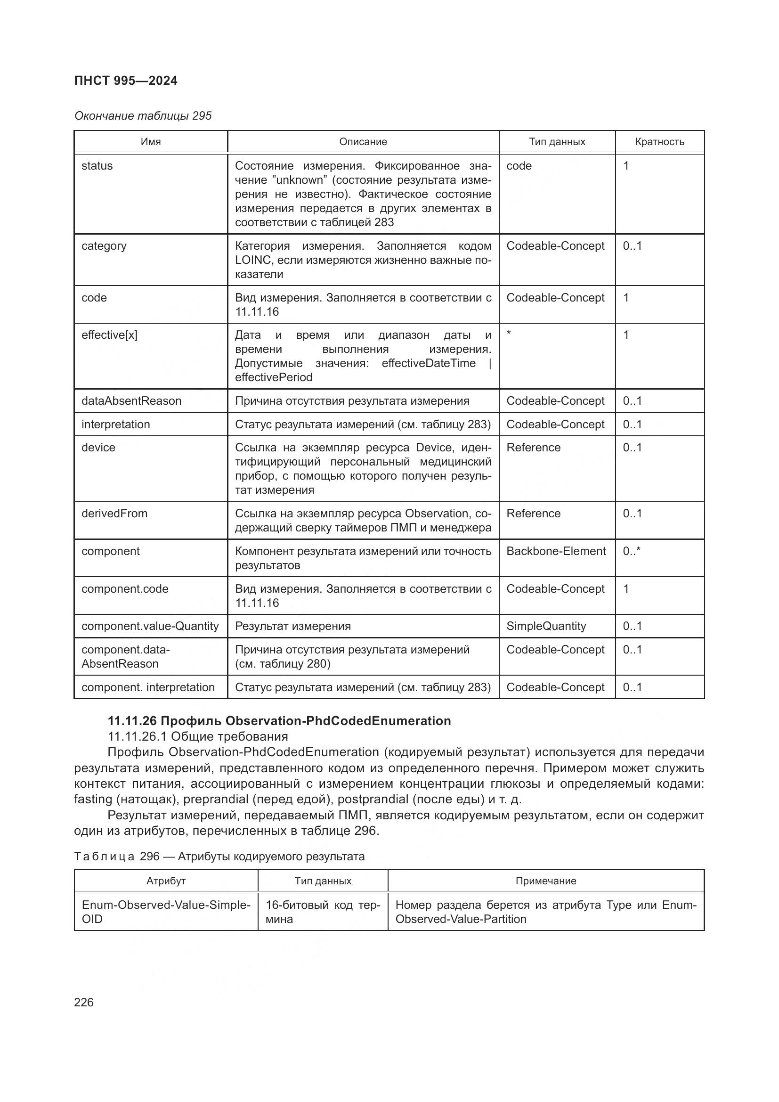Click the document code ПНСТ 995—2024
(126, 81)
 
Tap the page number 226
(84, 1002)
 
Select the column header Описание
(363, 142)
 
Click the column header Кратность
(659, 142)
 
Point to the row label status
(97, 166)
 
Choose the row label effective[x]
(109, 335)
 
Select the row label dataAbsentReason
(131, 401)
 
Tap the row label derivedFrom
(114, 514)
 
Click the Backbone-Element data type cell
(555, 551)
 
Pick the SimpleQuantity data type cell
(546, 626)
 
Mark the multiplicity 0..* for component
(631, 551)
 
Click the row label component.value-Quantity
(150, 626)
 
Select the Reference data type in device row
(533, 447)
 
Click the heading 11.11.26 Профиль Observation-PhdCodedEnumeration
(279, 721)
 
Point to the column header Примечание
(545, 881)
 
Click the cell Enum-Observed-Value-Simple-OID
(165, 912)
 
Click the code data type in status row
(519, 166)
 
